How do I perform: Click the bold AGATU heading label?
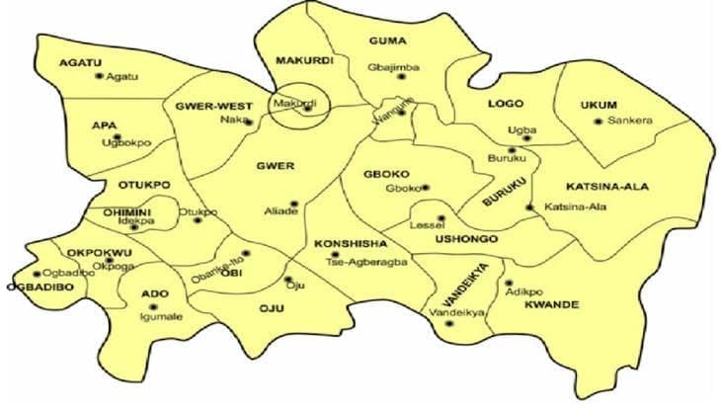click(81, 62)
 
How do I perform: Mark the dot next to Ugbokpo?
click(117, 137)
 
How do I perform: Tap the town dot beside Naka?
click(249, 123)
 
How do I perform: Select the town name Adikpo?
click(523, 293)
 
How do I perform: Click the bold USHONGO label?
click(464, 240)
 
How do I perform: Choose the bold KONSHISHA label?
click(345, 243)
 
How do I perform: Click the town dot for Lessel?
click(441, 218)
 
